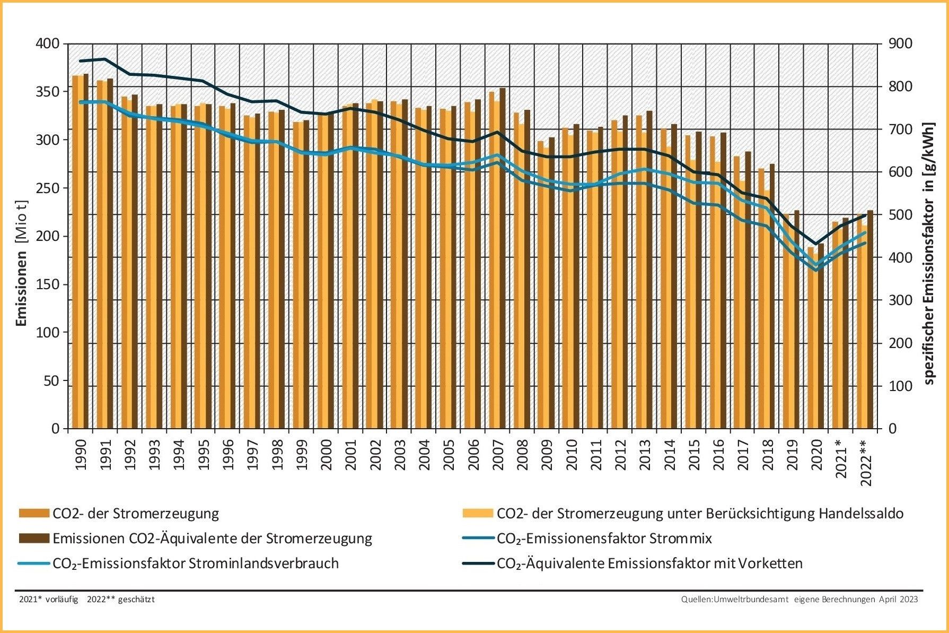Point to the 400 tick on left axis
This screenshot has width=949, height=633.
(48, 44)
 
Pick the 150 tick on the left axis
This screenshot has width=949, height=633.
(48, 284)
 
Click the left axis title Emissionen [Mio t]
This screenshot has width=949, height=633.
(22, 264)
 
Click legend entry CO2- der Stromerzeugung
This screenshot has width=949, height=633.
(135, 513)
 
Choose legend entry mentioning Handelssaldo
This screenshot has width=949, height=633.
(700, 513)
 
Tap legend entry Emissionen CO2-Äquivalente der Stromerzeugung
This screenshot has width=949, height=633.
(212, 538)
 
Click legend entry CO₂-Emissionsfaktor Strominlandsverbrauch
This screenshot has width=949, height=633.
(195, 563)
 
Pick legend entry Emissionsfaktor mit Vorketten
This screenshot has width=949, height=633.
(649, 563)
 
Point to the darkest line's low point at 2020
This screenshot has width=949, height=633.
(816, 244)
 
